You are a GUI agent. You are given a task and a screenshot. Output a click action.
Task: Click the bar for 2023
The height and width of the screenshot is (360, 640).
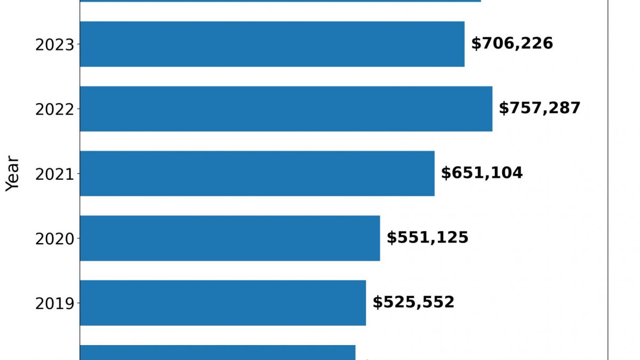pos(272,44)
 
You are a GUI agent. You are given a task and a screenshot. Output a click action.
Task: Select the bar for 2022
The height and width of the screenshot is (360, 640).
pos(286,109)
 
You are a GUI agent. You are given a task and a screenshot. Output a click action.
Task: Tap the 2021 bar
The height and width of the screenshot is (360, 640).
pos(257,173)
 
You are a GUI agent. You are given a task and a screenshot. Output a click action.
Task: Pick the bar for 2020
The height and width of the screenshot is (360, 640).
pos(230,238)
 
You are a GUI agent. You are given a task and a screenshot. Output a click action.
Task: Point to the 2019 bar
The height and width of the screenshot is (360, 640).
pos(223,303)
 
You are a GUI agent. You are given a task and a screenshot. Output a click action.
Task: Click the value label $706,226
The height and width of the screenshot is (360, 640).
pos(512,44)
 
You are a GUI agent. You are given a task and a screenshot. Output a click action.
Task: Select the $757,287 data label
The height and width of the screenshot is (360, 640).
pos(539,108)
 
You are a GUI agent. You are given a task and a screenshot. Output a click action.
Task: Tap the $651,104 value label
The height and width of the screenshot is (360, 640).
pos(482,173)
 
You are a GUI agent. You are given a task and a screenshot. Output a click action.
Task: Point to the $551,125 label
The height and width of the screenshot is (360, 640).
pos(427,238)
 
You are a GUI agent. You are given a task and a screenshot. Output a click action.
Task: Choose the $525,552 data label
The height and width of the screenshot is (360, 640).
pos(413,302)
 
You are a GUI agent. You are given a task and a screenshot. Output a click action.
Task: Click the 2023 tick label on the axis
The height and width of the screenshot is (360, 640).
pos(54,45)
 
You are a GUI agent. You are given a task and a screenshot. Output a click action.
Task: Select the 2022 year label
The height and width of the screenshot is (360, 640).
pos(54,109)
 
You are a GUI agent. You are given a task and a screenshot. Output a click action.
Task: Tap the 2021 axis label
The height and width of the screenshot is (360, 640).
pos(54,174)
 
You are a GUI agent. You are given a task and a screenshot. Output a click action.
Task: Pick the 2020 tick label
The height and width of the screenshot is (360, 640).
pos(54,239)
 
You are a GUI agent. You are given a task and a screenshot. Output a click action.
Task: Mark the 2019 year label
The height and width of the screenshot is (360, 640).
pos(54,303)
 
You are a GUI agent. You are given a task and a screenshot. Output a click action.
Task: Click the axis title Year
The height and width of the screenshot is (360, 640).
pos(12,173)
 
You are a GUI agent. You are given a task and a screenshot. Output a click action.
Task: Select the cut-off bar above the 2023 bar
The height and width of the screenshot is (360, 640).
pos(280,1)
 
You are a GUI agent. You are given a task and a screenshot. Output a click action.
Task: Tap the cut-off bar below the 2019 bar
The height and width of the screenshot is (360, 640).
pos(218,353)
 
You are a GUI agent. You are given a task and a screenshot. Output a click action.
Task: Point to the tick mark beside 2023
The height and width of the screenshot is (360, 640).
pos(78,44)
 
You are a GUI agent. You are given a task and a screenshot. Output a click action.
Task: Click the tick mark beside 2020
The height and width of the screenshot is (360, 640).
pos(78,238)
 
